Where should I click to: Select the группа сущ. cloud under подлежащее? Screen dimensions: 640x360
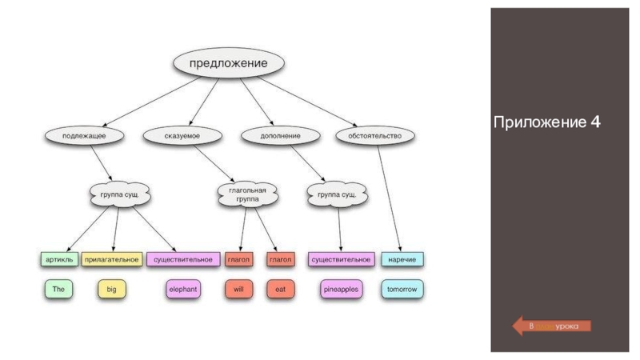[x=119, y=194]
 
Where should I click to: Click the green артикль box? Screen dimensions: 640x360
[x=58, y=260]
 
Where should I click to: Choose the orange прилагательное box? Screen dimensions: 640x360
[x=112, y=260]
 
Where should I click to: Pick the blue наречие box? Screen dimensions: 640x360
[x=402, y=260]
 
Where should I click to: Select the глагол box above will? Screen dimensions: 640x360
[x=238, y=260]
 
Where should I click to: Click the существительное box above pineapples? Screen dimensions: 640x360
[x=342, y=260]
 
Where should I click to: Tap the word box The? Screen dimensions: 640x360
[x=58, y=289]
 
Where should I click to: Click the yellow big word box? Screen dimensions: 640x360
[x=111, y=289]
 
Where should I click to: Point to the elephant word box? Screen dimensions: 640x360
[x=183, y=289]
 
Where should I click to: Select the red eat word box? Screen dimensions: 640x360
[x=280, y=289]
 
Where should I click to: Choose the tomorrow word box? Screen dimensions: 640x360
[x=402, y=289]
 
